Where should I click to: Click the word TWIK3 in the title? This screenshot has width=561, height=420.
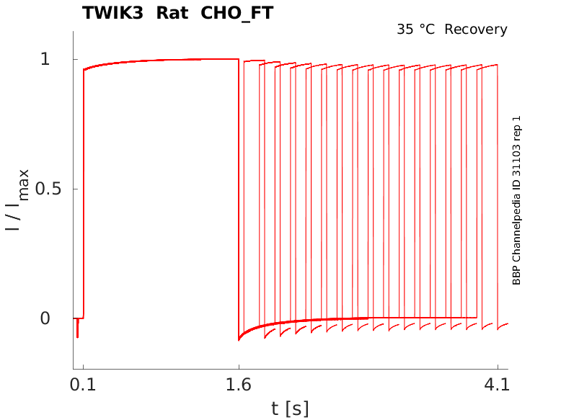(x=112, y=13)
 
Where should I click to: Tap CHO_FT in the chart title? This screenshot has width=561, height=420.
(x=236, y=13)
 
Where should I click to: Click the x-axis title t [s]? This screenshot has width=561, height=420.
(x=290, y=408)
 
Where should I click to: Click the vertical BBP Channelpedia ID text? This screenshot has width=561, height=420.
(x=516, y=200)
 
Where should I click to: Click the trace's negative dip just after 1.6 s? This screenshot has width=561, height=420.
(x=239, y=337)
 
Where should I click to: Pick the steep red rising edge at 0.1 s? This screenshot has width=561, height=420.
(x=83, y=195)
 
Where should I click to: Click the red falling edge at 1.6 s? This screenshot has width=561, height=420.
(x=239, y=195)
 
